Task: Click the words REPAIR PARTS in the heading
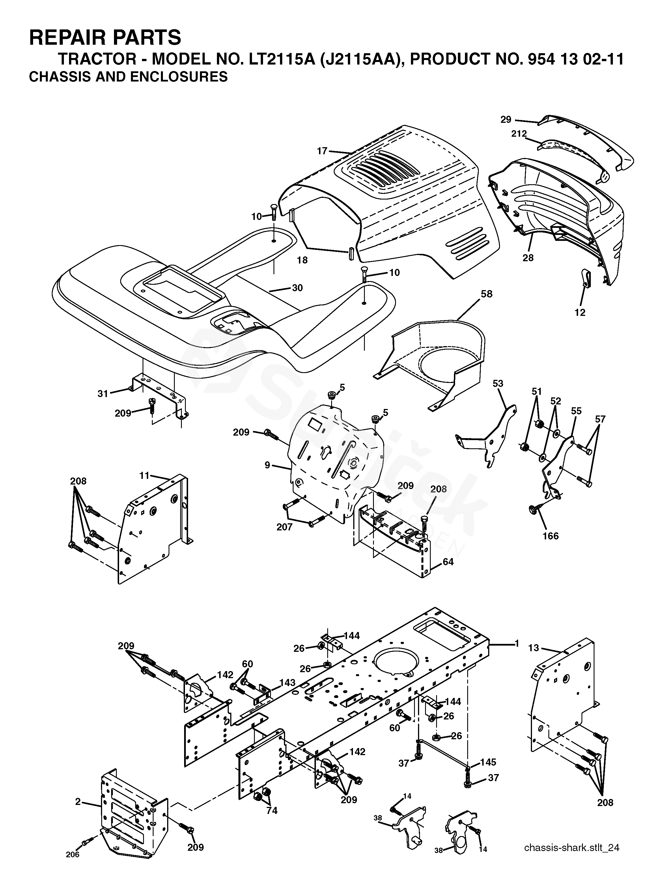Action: point(105,37)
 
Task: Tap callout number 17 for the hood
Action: point(322,151)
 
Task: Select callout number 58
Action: point(486,294)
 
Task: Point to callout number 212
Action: point(519,134)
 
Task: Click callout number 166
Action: point(551,536)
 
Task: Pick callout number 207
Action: point(285,527)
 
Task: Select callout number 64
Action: point(448,562)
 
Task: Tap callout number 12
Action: point(580,312)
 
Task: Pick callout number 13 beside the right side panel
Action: point(534,648)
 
